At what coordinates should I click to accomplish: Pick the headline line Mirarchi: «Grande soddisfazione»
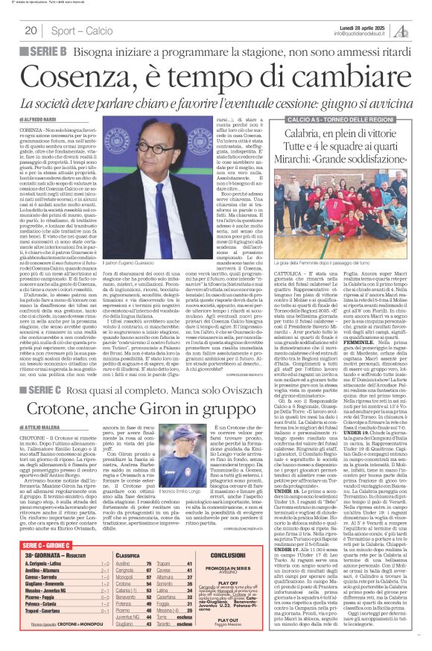click(x=358, y=158)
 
